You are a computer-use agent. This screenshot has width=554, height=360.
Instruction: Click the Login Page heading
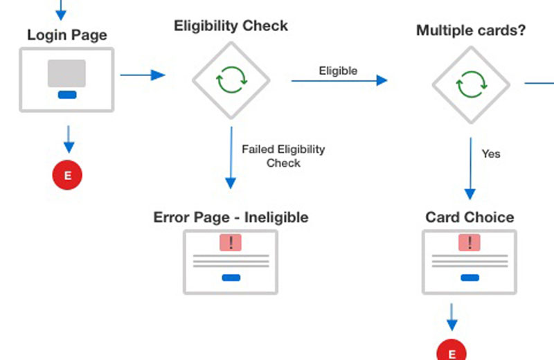point(67,34)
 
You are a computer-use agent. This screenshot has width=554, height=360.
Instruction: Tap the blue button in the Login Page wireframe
point(67,95)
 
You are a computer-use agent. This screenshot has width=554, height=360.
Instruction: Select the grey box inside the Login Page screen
point(66,73)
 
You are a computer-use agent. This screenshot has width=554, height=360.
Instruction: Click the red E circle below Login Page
point(67,175)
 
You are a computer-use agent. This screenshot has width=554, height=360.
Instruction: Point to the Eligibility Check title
point(231,26)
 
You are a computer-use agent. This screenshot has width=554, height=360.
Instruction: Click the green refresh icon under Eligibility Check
point(231,80)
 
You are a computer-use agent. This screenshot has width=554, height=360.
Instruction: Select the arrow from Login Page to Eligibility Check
point(143,75)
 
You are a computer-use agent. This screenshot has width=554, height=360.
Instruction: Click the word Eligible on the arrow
point(338,70)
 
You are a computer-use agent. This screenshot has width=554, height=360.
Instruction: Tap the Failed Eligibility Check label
point(283,156)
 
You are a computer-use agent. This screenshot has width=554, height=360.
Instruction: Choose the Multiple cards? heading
point(470,30)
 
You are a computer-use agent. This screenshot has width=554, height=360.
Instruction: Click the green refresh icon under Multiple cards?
point(471,85)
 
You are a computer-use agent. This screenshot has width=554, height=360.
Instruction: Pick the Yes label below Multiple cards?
point(491,154)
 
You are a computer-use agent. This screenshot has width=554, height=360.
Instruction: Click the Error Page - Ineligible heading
point(231,217)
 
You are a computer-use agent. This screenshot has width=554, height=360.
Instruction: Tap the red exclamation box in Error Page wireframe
point(231,242)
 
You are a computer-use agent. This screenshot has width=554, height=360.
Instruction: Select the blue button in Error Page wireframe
point(231,278)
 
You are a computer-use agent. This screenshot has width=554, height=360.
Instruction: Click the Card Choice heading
point(470,217)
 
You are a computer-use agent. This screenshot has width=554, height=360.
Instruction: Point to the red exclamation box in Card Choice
point(470,242)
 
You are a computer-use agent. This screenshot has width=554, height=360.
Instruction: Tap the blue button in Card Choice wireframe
point(470,278)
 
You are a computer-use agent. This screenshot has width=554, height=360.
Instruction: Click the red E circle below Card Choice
point(452,352)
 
